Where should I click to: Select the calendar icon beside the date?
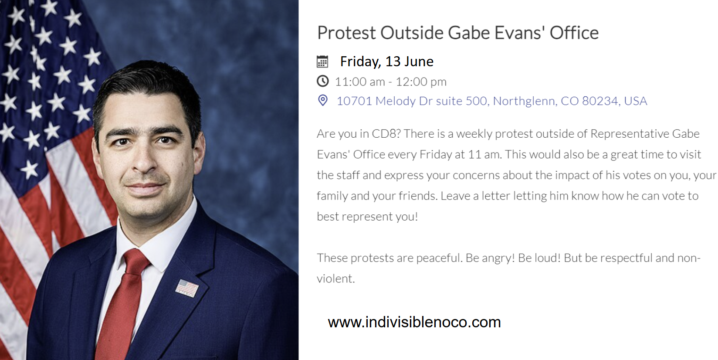click(x=322, y=61)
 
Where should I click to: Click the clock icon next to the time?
click(x=323, y=82)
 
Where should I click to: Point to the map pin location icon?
click(x=323, y=101)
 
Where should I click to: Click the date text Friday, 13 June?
click(x=386, y=61)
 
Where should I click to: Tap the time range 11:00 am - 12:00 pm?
click(x=390, y=82)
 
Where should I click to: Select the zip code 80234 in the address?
click(x=600, y=101)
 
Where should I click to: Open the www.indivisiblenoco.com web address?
click(x=414, y=322)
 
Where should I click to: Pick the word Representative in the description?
click(x=629, y=134)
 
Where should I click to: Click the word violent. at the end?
click(x=336, y=278)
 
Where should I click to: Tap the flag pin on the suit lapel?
click(x=187, y=288)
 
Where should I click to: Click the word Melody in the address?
click(x=396, y=101)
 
